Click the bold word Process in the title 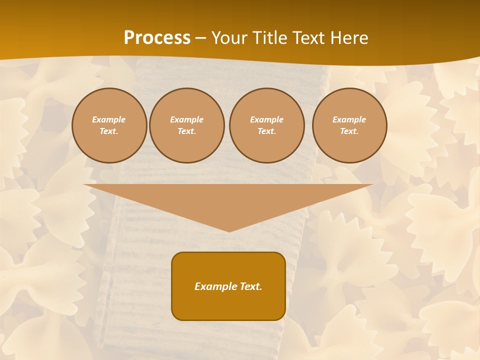tap(157, 38)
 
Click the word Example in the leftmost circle tap(109, 119)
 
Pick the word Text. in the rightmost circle tap(349, 131)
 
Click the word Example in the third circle tap(266, 119)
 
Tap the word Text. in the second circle tap(186, 131)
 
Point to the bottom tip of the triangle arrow tap(229, 230)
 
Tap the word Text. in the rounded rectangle tap(251, 286)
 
